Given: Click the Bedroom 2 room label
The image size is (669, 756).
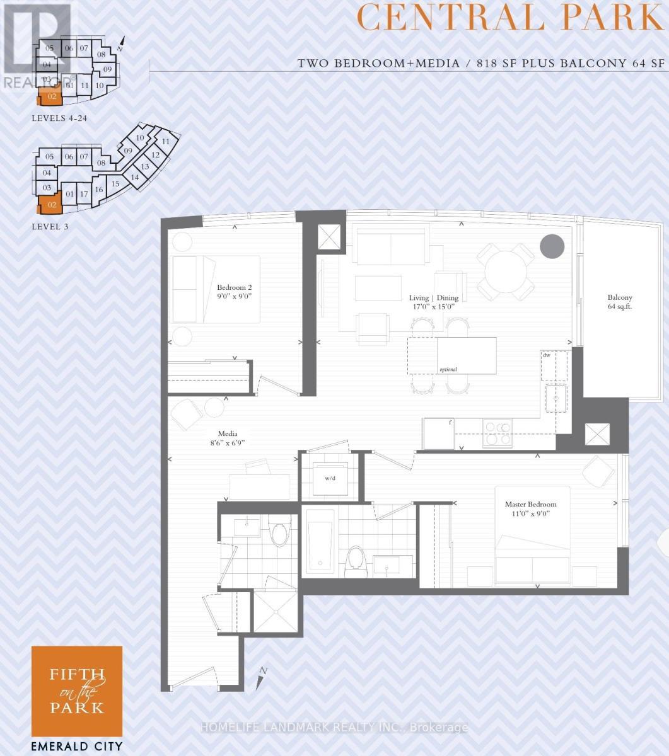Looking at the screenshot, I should (235, 290).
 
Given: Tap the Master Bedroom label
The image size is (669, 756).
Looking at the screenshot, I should (530, 509).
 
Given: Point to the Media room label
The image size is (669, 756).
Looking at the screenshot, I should (227, 438).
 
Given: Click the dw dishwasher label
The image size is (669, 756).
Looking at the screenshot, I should (546, 355).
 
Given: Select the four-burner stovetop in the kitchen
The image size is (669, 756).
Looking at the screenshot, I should (497, 433).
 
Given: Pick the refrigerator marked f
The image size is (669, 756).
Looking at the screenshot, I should (439, 433).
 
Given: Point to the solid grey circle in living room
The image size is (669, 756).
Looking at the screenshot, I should (552, 246).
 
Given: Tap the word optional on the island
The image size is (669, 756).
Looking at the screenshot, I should (448, 369).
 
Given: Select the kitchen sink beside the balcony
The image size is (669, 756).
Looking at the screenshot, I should (556, 398).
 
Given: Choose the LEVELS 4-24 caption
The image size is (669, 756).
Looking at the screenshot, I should (59, 118).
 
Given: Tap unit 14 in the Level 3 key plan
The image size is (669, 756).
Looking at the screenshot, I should (135, 178).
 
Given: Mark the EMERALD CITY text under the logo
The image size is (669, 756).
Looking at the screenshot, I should (77, 747).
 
